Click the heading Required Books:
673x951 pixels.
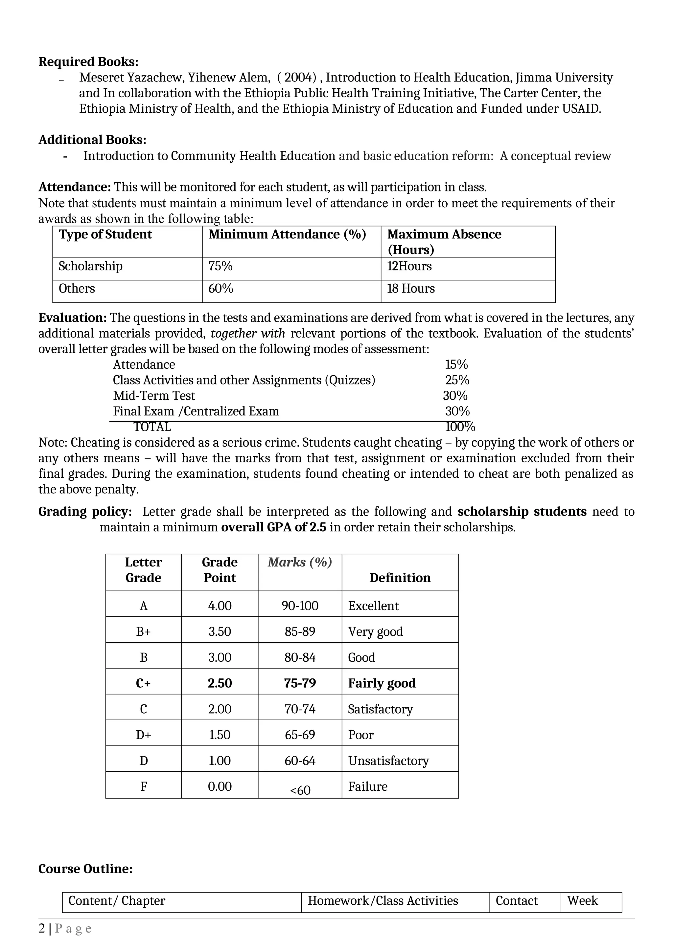click(x=88, y=62)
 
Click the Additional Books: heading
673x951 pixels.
click(x=92, y=140)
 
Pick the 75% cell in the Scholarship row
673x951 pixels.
click(x=220, y=266)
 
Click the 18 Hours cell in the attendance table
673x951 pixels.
click(x=411, y=288)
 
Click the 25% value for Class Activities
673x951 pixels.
click(x=457, y=380)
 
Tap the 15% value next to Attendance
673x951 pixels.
click(x=456, y=365)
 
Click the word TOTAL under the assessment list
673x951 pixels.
click(x=152, y=427)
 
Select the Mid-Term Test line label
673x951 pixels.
click(x=154, y=396)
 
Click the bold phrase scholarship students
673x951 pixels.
click(x=522, y=512)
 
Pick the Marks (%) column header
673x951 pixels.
click(x=300, y=562)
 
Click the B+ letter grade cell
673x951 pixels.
click(x=143, y=632)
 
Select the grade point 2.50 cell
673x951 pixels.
click(x=220, y=683)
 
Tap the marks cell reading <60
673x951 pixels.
click(x=300, y=790)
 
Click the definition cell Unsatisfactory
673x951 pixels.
click(x=388, y=761)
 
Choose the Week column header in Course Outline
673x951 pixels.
click(x=582, y=900)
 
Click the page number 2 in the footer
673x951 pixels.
click(x=41, y=929)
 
